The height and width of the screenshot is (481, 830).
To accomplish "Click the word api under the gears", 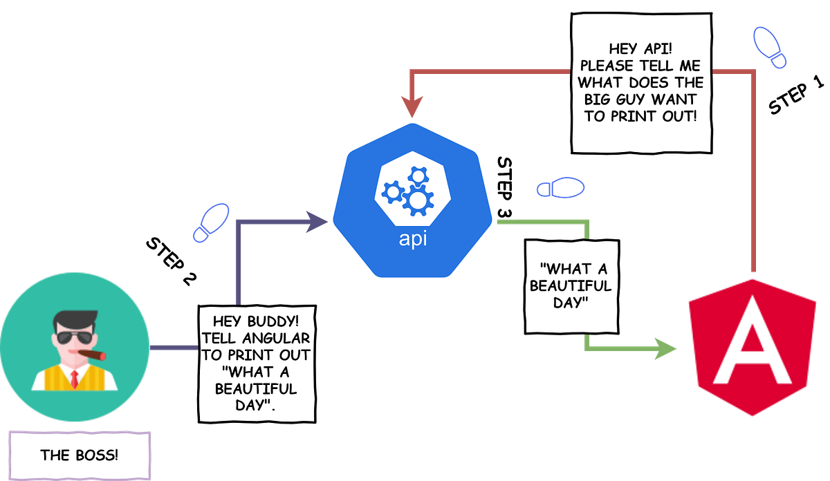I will [414, 240].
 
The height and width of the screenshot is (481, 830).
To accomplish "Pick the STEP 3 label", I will [505, 187].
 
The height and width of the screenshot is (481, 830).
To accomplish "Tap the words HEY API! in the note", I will [641, 50].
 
